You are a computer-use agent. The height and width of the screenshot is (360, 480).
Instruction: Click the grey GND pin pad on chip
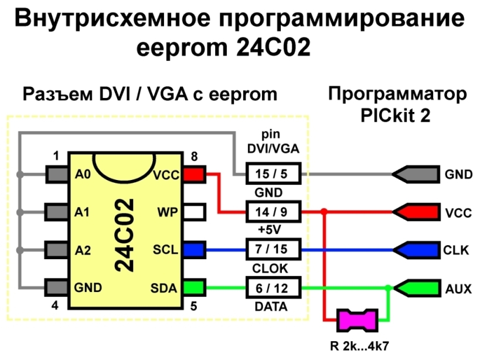click(57, 288)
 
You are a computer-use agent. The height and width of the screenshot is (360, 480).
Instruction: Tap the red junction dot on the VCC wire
click(324, 211)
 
